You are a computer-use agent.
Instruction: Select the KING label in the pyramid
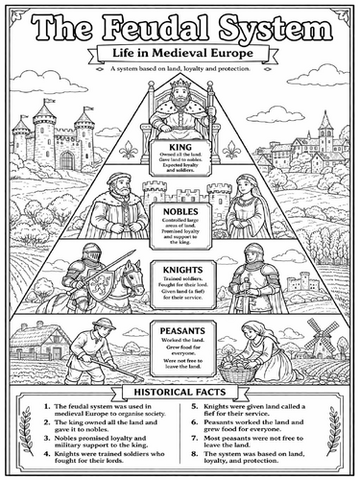(180, 147)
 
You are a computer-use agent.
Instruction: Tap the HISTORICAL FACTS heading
(180, 393)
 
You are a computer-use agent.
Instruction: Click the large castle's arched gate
(66, 158)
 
